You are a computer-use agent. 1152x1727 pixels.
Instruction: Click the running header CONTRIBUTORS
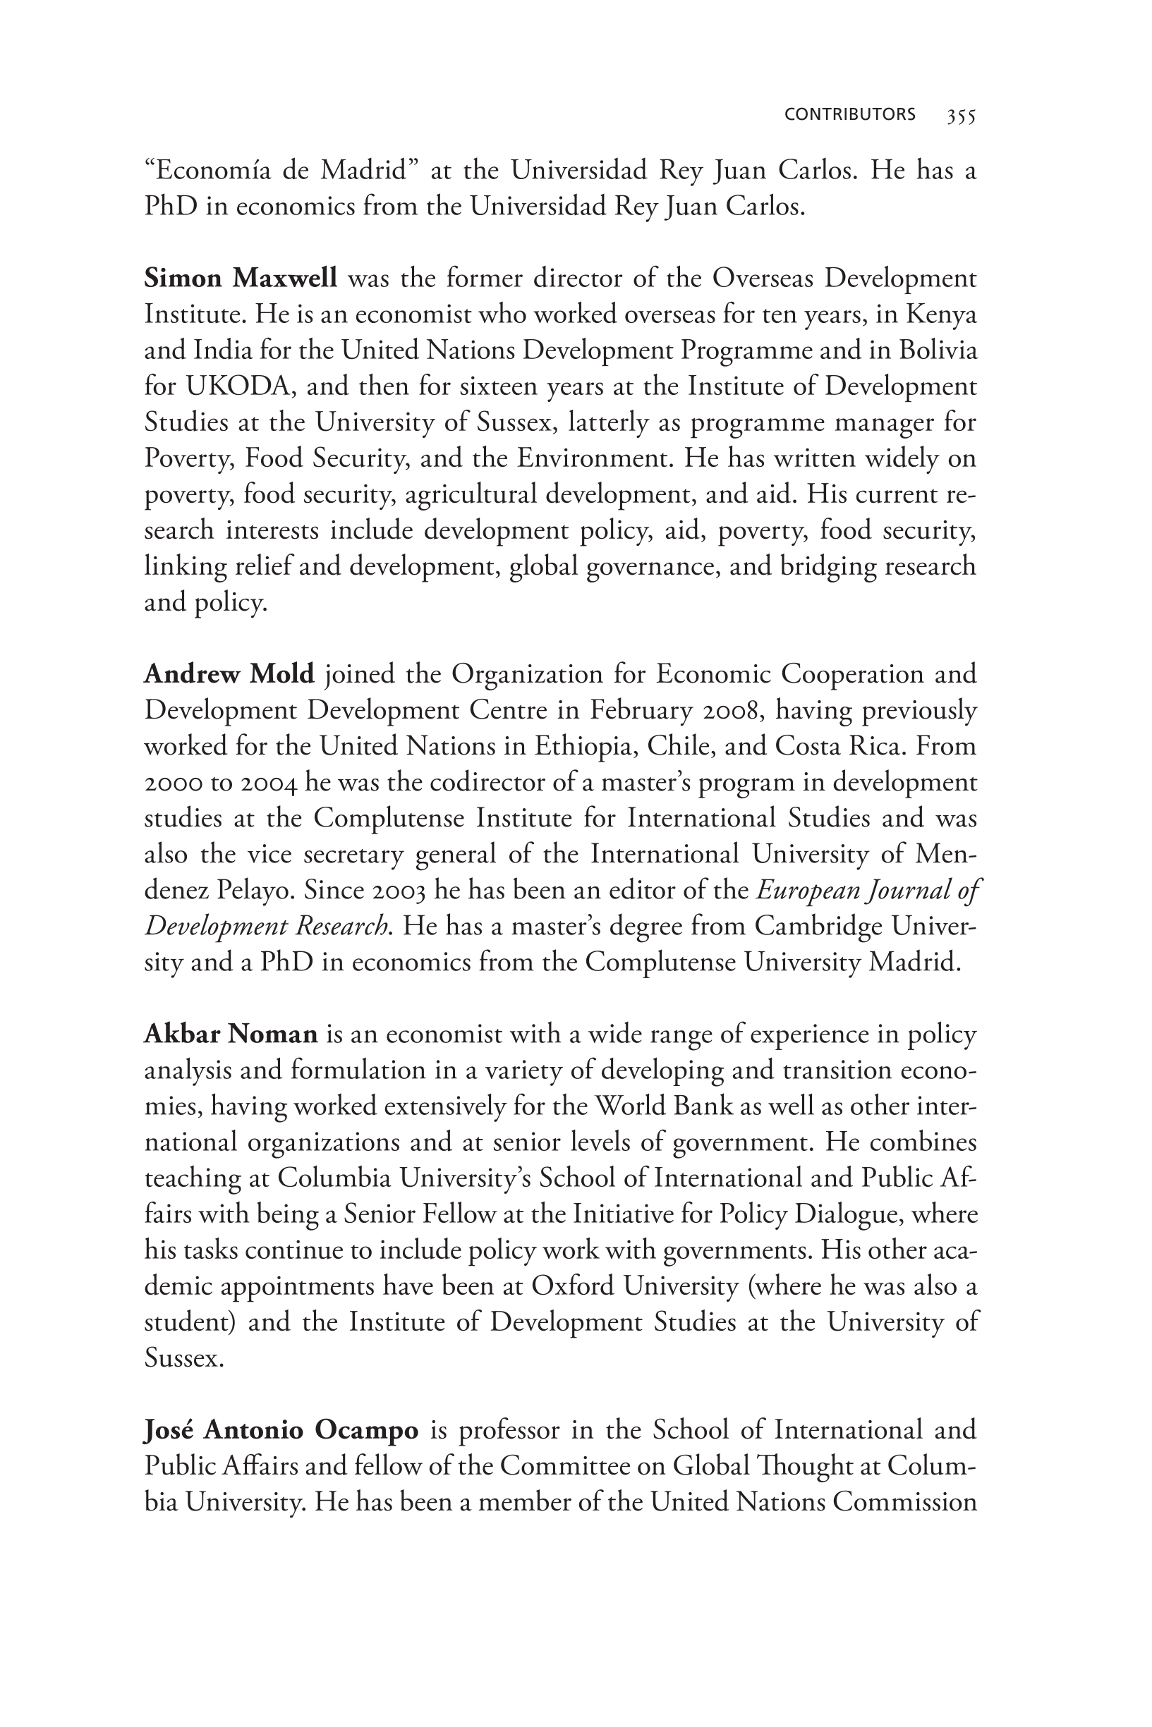coord(849,114)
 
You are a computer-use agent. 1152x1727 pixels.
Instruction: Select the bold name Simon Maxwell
coord(241,279)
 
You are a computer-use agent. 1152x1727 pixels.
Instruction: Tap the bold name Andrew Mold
coord(229,673)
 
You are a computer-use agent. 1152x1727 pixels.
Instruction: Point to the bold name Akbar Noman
coord(231,1034)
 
